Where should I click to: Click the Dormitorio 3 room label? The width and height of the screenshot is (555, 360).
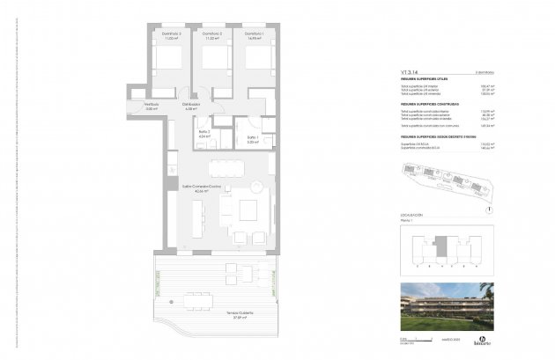pos(170,35)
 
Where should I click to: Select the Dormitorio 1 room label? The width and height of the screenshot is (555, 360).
pos(255,35)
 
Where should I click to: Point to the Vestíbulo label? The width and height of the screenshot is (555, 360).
pos(152,105)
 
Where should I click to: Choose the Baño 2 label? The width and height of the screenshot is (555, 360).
pos(203,134)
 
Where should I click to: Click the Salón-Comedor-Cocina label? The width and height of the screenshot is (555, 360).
pos(202,188)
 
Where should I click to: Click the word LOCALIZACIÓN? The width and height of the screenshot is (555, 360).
pos(411,215)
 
